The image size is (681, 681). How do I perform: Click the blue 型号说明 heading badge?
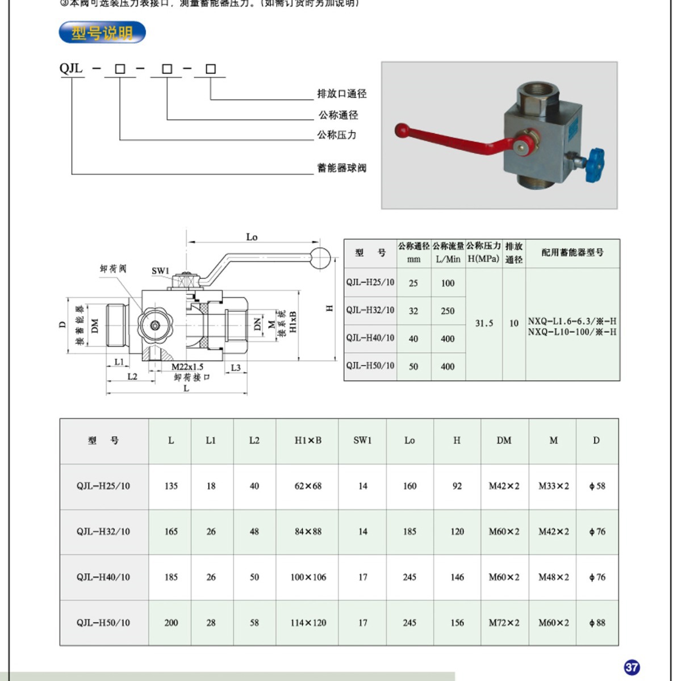(102, 33)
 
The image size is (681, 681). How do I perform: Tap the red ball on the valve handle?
(402, 130)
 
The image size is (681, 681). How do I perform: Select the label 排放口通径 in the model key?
(341, 94)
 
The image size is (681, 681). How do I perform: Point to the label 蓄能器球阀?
(341, 168)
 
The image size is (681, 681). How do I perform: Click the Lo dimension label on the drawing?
(252, 237)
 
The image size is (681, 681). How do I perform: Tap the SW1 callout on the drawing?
(160, 271)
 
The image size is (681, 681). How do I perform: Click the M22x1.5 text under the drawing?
(187, 367)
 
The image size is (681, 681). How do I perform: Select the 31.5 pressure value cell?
(484, 323)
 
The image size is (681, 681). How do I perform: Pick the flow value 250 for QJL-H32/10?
(448, 311)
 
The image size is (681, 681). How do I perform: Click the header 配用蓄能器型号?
(572, 253)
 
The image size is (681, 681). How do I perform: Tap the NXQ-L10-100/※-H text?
(572, 332)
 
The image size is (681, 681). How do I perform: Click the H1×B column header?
(308, 440)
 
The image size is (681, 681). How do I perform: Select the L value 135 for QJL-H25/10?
(171, 486)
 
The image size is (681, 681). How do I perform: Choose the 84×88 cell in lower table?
(308, 532)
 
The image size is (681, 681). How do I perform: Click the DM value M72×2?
(504, 622)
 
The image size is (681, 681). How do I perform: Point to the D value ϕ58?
(597, 486)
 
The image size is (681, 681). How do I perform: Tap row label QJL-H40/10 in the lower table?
(103, 577)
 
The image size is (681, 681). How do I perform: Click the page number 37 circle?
(632, 667)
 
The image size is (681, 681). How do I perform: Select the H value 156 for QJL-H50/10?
(457, 622)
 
